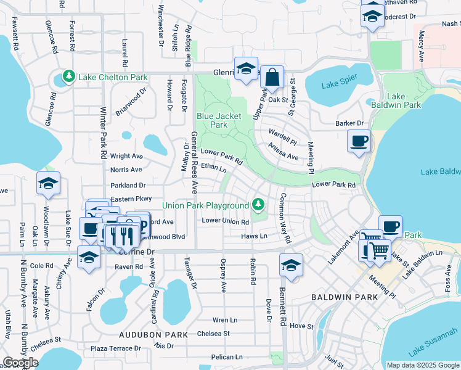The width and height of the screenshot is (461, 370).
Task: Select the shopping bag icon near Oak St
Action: coord(272,78)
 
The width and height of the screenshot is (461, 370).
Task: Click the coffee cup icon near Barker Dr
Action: coord(359,141)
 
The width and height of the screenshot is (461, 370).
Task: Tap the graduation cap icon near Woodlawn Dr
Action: coord(48,184)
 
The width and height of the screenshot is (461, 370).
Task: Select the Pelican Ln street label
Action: coord(226,357)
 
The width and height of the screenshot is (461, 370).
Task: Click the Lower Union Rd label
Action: coord(225,221)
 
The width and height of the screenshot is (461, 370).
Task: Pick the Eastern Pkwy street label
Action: coord(131,199)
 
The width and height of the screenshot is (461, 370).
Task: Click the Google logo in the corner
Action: coord(20,363)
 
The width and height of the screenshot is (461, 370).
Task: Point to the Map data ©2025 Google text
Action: coord(422,365)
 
